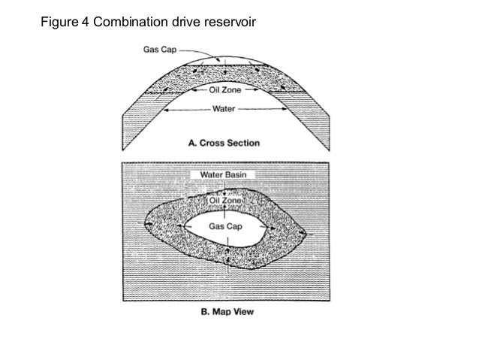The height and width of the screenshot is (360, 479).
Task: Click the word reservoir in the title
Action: point(230,20)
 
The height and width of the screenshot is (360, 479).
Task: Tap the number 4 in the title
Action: point(83,20)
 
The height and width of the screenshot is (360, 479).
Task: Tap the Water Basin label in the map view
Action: point(224,174)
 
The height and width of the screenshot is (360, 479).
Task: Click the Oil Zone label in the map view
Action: point(224,200)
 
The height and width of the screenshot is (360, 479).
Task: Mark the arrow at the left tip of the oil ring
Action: point(147,225)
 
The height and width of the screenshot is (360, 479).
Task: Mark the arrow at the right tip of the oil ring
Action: point(303,234)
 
